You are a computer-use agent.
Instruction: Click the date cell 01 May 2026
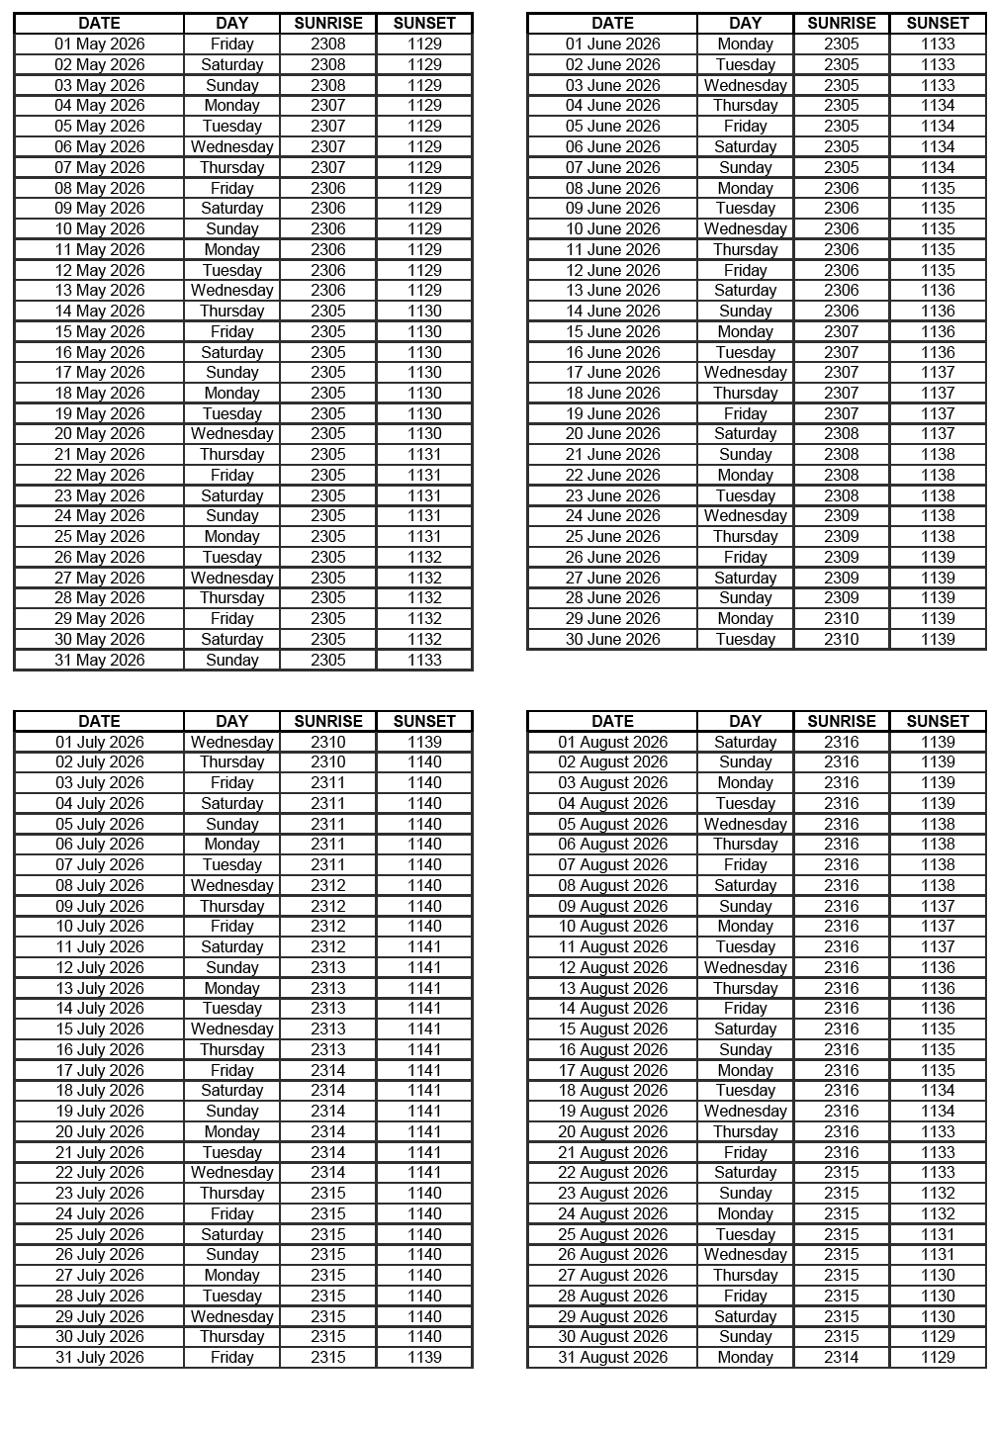pos(99,44)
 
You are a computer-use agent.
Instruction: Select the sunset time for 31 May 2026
pos(424,660)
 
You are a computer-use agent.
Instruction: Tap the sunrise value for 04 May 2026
pos(328,105)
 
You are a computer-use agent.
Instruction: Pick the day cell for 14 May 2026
pos(231,311)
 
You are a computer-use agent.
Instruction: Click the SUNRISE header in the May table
pos(328,23)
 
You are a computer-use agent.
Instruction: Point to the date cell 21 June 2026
pos(612,454)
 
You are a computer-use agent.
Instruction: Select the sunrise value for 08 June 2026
pos(842,188)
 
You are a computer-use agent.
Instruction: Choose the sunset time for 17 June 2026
pos(938,372)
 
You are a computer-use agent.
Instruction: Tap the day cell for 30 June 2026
pos(745,639)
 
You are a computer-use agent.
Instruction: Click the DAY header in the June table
pos(745,23)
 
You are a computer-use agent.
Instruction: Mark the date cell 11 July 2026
pos(99,946)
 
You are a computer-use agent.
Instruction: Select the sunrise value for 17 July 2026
pos(328,1070)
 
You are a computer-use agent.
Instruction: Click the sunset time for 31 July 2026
pos(424,1357)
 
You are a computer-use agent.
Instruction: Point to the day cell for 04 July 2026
pos(231,803)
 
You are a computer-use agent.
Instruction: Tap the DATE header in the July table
pos(99,721)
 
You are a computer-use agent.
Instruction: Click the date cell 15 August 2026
pos(612,1029)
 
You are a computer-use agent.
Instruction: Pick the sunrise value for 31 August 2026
pos(842,1357)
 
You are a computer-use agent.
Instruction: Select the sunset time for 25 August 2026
pos(938,1234)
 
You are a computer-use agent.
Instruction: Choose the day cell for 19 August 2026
pos(745,1111)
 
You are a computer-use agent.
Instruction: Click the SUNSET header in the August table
pos(938,721)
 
